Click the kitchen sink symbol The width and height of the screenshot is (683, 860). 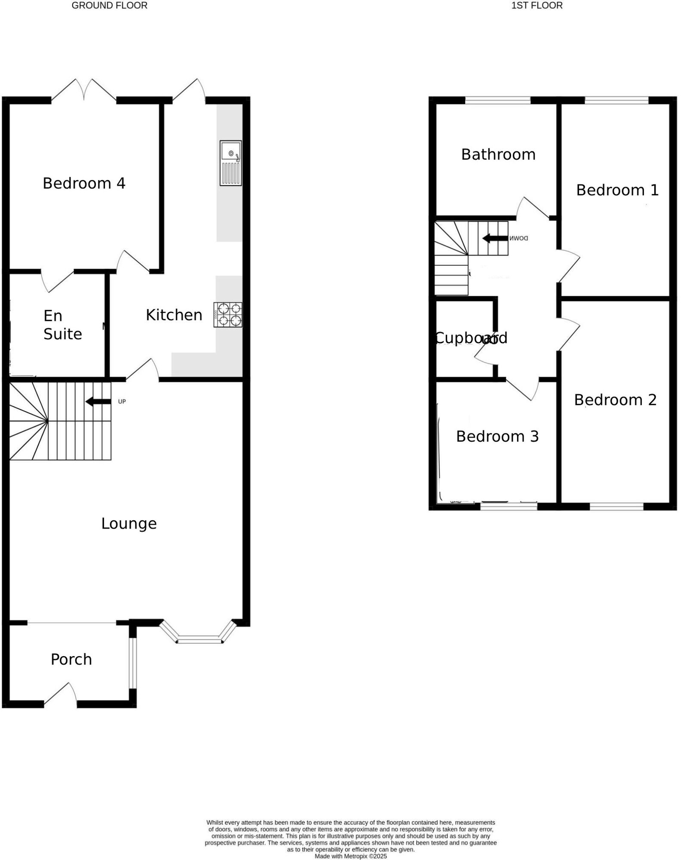coord(231,163)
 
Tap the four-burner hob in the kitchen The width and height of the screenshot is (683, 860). coord(228,315)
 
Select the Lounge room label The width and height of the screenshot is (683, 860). coord(129,524)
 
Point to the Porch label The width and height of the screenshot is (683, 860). coord(71,659)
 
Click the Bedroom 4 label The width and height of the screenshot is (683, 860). coord(84,184)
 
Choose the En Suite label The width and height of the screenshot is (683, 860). coord(62,325)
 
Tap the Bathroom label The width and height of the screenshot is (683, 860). coord(498,155)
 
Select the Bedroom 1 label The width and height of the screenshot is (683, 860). coord(617,190)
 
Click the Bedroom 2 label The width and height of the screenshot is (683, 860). coord(615,400)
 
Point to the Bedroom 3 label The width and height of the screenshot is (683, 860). coord(497,436)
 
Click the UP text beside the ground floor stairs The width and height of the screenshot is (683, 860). coord(122,402)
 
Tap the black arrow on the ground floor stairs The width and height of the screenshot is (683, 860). coord(98,402)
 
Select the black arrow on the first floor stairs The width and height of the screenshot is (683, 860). coord(495,238)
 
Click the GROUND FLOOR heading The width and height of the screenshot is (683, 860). coord(109,6)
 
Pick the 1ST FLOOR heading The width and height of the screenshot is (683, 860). coord(536,6)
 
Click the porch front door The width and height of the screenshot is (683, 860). coord(61,696)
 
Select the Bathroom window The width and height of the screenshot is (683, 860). coord(498,101)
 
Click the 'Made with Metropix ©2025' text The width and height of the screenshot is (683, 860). coord(351,856)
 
